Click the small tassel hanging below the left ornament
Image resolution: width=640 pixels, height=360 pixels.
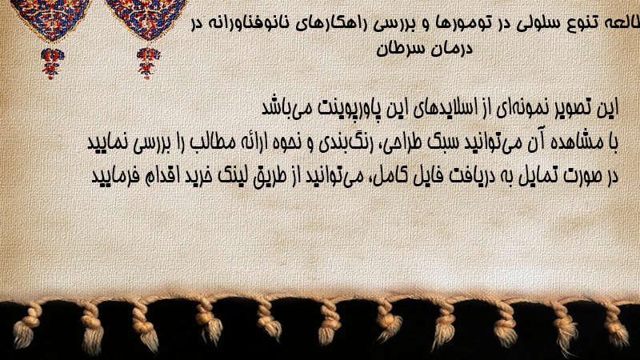(52, 63)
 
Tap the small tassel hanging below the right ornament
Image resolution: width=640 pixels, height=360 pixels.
(148, 62)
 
